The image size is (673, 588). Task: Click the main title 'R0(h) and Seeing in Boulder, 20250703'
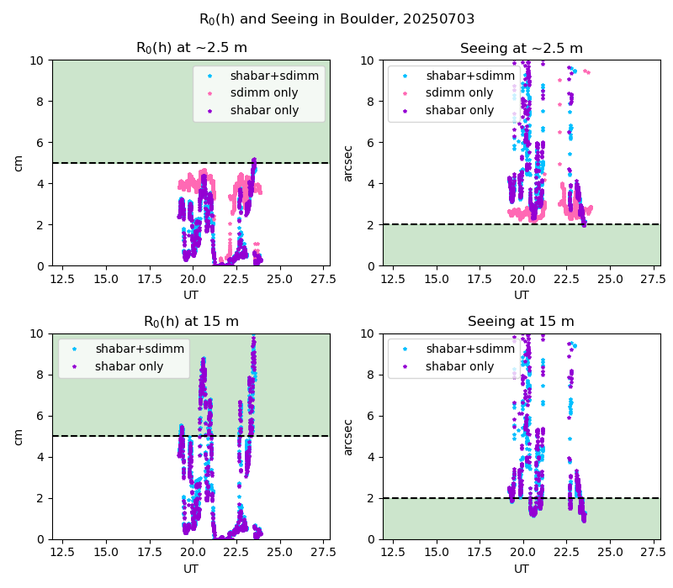tap(337, 19)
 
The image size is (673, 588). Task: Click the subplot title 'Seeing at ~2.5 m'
tap(522, 49)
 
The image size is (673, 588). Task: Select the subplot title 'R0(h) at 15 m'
tap(191, 322)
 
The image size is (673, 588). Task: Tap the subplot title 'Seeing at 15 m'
tap(521, 322)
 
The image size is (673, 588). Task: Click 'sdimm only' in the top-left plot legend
tap(264, 92)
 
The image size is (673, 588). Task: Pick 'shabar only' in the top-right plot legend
tap(459, 110)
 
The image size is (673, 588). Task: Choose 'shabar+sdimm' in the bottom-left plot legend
tap(140, 349)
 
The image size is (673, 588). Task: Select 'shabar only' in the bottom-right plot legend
tap(459, 366)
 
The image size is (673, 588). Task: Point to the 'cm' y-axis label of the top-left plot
tap(18, 163)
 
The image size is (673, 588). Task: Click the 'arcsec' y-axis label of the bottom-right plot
tap(348, 438)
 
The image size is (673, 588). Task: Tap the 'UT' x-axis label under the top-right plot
tap(522, 296)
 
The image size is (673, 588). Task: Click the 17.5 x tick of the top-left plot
tap(150, 280)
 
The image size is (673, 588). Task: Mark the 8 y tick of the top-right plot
tap(370, 102)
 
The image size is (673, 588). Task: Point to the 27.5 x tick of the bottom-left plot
tap(323, 553)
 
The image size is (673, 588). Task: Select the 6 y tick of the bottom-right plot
tap(370, 416)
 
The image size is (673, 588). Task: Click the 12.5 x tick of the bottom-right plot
tap(393, 553)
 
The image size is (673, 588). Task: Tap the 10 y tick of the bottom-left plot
tap(37, 333)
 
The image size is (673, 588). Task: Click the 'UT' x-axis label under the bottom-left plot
tap(191, 569)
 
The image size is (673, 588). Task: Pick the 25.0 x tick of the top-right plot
tap(610, 280)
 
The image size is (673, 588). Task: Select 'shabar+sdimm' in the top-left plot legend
tap(275, 76)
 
